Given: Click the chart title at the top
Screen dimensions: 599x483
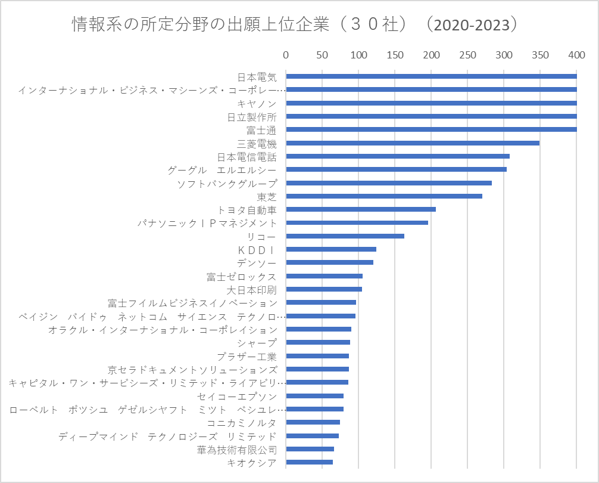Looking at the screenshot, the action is pyautogui.click(x=295, y=24).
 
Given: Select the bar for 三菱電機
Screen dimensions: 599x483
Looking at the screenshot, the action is pyautogui.click(x=413, y=143).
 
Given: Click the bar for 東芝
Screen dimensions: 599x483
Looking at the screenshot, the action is pyautogui.click(x=384, y=196).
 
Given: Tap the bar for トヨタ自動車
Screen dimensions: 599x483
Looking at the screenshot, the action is pyautogui.click(x=361, y=209).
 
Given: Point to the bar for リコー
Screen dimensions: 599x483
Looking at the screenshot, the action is pyautogui.click(x=345, y=236).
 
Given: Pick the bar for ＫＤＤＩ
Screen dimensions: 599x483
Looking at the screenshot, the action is pyautogui.click(x=331, y=249).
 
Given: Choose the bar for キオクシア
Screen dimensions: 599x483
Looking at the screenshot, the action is pyautogui.click(x=310, y=462).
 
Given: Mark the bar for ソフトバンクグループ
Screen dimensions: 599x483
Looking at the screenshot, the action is pyautogui.click(x=389, y=183).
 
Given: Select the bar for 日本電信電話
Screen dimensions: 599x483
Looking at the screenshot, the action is pyautogui.click(x=398, y=156).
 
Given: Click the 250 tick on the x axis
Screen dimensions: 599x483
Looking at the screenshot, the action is pyautogui.click(x=467, y=55).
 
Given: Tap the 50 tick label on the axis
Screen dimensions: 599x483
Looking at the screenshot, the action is pyautogui.click(x=322, y=55).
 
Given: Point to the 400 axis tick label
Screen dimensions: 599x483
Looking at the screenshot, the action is pyautogui.click(x=576, y=55).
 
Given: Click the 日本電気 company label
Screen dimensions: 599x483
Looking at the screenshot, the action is pyautogui.click(x=257, y=78).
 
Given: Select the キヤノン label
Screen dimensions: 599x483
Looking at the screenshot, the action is pyautogui.click(x=257, y=104).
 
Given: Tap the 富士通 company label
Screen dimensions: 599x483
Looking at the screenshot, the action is pyautogui.click(x=261, y=131).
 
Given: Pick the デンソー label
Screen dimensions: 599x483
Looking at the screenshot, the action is pyautogui.click(x=257, y=264).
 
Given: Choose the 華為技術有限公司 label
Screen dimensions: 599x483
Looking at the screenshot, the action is pyautogui.click(x=237, y=450).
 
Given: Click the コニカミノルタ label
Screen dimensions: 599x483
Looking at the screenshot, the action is pyautogui.click(x=242, y=423).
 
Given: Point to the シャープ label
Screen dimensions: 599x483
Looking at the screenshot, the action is pyautogui.click(x=257, y=343).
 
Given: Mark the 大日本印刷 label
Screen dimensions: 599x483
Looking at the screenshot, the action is pyautogui.click(x=252, y=290).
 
